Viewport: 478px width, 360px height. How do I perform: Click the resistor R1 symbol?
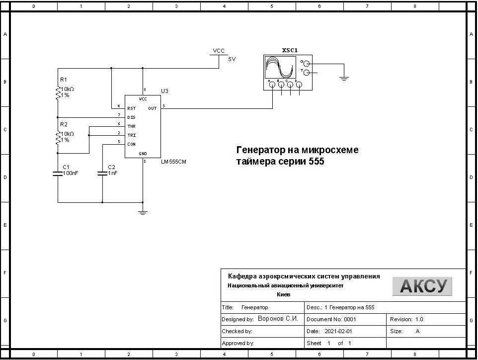(x=58, y=92)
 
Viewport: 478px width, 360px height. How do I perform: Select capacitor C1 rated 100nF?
(x=58, y=173)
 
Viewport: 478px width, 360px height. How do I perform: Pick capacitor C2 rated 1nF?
(x=102, y=173)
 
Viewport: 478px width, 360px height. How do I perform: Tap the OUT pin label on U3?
(x=152, y=108)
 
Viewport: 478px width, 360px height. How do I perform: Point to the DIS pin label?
(x=131, y=117)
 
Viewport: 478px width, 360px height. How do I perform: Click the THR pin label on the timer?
(x=131, y=126)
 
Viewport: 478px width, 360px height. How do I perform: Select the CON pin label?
(x=131, y=144)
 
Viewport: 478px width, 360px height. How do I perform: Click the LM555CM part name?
(x=174, y=162)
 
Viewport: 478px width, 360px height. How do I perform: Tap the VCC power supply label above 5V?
(x=219, y=51)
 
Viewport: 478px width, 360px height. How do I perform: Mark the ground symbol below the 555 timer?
(x=143, y=212)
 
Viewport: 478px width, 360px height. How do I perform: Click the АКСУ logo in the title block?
(x=422, y=286)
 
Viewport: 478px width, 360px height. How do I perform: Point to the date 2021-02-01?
(x=338, y=331)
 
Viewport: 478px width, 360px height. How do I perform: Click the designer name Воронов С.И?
(x=278, y=319)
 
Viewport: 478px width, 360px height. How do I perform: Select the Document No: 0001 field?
(x=331, y=319)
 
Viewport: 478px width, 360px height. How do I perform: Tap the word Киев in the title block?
(x=283, y=294)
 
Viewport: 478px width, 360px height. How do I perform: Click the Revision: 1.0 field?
(x=406, y=319)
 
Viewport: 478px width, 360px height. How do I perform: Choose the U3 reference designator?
(x=165, y=91)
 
